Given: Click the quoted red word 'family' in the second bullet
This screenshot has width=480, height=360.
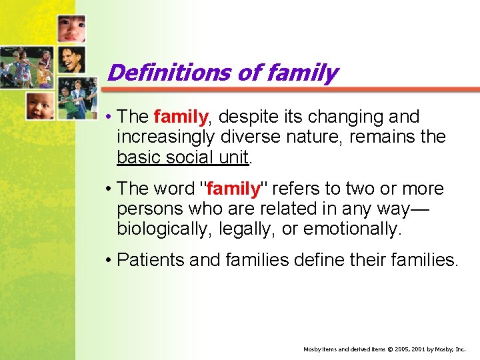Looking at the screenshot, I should tap(233, 189).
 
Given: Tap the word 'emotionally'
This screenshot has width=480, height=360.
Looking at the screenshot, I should tap(353, 229).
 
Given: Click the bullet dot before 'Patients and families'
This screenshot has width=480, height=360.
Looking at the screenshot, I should tap(108, 260).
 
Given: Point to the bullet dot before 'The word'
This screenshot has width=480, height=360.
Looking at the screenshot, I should tap(108, 189).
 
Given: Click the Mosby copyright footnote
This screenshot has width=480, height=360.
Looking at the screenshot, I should tap(385, 349).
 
